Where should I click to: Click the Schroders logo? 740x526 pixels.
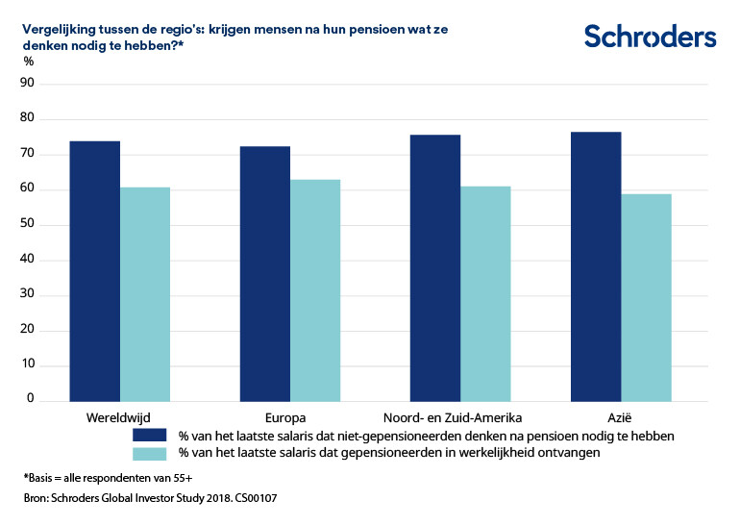[x=650, y=37]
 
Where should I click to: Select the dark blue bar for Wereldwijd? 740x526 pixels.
[x=95, y=270]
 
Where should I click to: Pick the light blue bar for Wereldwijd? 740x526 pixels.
[x=145, y=293]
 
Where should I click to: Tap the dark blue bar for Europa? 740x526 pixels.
[x=265, y=273]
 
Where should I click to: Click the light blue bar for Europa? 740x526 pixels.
[x=315, y=289]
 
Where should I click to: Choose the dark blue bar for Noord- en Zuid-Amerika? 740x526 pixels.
[x=435, y=267]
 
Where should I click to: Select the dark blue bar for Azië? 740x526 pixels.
[x=596, y=265]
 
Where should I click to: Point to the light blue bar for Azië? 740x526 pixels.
[x=646, y=297]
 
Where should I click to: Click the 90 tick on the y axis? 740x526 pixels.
[x=27, y=84]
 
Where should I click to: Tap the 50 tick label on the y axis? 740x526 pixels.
[x=27, y=224]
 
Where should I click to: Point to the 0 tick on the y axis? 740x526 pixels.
[x=30, y=398]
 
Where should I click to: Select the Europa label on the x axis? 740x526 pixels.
[x=284, y=417]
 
